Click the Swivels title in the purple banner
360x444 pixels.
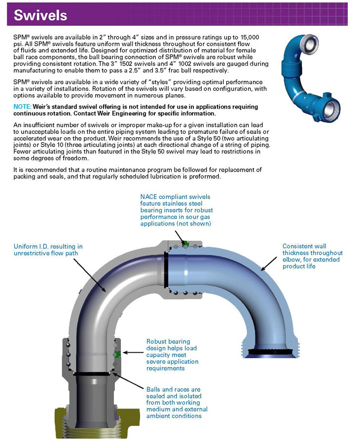(x=40, y=15)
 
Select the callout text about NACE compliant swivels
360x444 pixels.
(x=176, y=210)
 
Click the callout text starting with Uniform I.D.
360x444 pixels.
(x=48, y=250)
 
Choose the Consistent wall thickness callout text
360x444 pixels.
(x=312, y=256)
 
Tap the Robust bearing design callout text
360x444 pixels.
(x=172, y=355)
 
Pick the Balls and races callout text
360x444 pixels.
(x=177, y=403)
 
